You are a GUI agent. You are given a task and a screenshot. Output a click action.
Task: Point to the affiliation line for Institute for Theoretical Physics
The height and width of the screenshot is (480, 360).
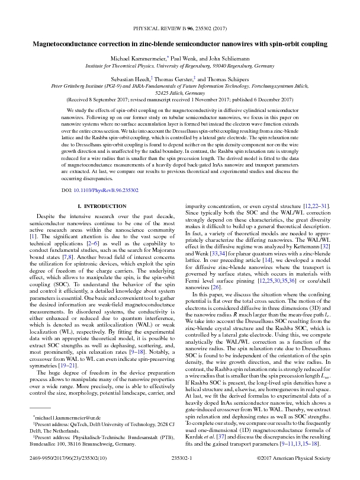pyautogui.click(x=180, y=68)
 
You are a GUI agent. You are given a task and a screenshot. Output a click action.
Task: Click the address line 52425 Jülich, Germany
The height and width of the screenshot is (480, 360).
pyautogui.click(x=180, y=93)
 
